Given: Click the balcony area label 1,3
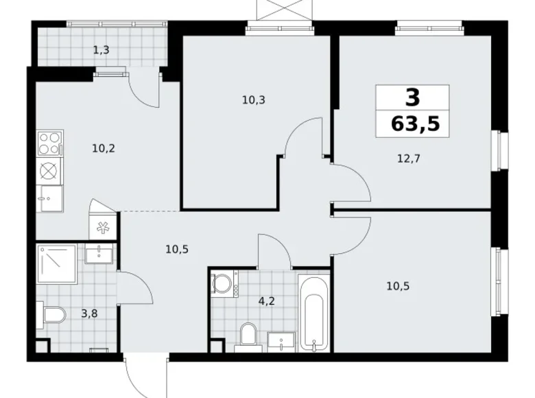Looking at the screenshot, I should point(101,49).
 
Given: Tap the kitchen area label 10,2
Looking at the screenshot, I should point(104,145).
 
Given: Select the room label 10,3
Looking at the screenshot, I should point(253,99).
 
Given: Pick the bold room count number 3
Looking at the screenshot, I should point(412,97).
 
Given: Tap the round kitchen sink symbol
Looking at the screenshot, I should point(48,170).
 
